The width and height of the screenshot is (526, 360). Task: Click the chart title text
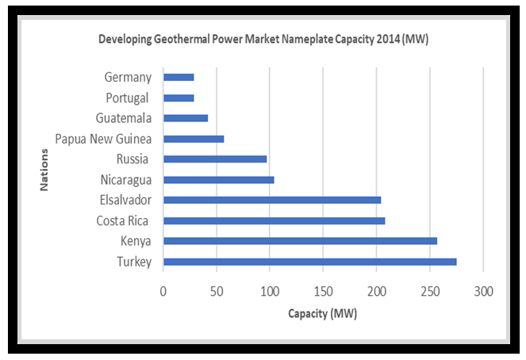click(263, 38)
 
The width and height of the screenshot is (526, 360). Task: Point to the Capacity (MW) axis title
click(322, 314)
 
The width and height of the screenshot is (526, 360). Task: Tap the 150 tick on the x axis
click(323, 291)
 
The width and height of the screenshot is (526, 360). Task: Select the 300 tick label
click(482, 291)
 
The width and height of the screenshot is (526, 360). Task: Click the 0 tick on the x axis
click(163, 291)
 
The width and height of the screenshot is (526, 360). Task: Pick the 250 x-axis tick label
click(429, 291)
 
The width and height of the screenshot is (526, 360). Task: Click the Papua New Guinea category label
click(103, 139)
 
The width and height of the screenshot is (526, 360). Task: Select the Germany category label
click(127, 78)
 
